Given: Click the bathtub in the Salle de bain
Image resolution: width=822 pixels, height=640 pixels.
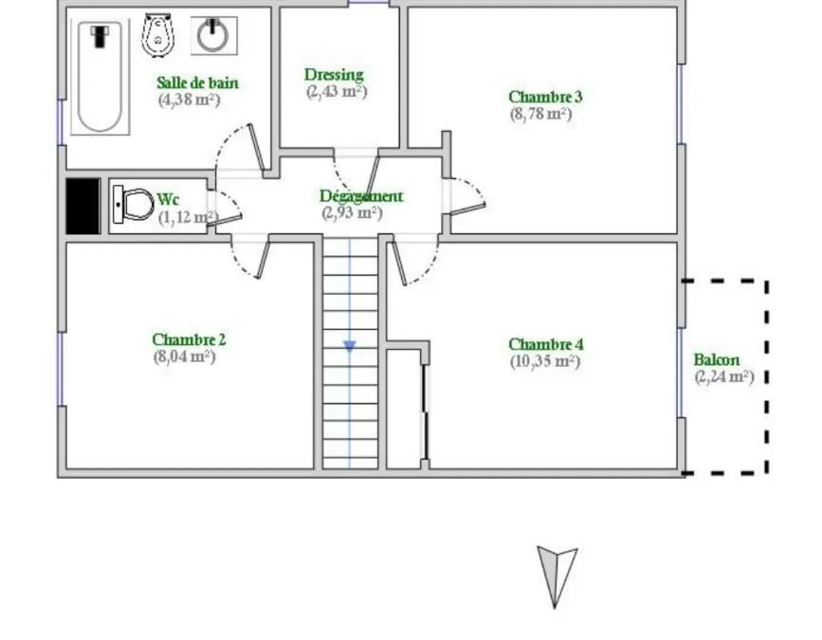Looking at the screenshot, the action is tap(100, 78).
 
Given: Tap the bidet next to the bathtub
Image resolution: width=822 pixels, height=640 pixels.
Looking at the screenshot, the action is tap(157, 34).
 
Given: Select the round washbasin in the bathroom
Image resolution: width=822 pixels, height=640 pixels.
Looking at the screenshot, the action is tap(213, 36).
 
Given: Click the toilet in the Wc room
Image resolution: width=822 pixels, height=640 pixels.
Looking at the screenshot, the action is tap(133, 205).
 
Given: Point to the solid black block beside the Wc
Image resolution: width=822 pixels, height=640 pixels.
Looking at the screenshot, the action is tap(82, 206).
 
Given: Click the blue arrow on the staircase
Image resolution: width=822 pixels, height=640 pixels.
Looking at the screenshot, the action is tap(350, 346).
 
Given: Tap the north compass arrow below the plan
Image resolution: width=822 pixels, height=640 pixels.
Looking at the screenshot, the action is tap(557, 576).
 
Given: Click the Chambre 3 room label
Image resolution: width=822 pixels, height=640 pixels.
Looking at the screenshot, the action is tap(545, 97).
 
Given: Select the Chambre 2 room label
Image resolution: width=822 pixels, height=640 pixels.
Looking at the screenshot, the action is tap(189, 339).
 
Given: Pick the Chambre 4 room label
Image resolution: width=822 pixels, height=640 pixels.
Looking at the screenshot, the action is tap(546, 344).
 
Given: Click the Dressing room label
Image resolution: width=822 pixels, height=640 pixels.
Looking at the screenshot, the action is tap(334, 75).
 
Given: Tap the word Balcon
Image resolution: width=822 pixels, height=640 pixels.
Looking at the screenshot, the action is tap(717, 360).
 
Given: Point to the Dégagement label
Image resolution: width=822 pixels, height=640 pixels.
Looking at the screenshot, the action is tap(361, 196).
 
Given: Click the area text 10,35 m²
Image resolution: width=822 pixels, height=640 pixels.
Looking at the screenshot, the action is tap(545, 361).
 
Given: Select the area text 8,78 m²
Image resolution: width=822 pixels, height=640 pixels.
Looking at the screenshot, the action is tap(540, 114).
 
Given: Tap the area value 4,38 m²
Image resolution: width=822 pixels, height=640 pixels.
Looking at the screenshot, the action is tap(190, 100).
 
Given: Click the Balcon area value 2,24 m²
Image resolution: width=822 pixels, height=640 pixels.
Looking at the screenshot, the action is tap(724, 376).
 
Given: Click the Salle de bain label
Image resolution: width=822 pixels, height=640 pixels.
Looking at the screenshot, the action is tap(197, 82).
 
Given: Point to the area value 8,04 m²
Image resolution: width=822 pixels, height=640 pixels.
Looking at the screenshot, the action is tap(185, 357).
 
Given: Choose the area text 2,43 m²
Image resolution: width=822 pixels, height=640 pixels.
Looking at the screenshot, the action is tap(337, 91).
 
